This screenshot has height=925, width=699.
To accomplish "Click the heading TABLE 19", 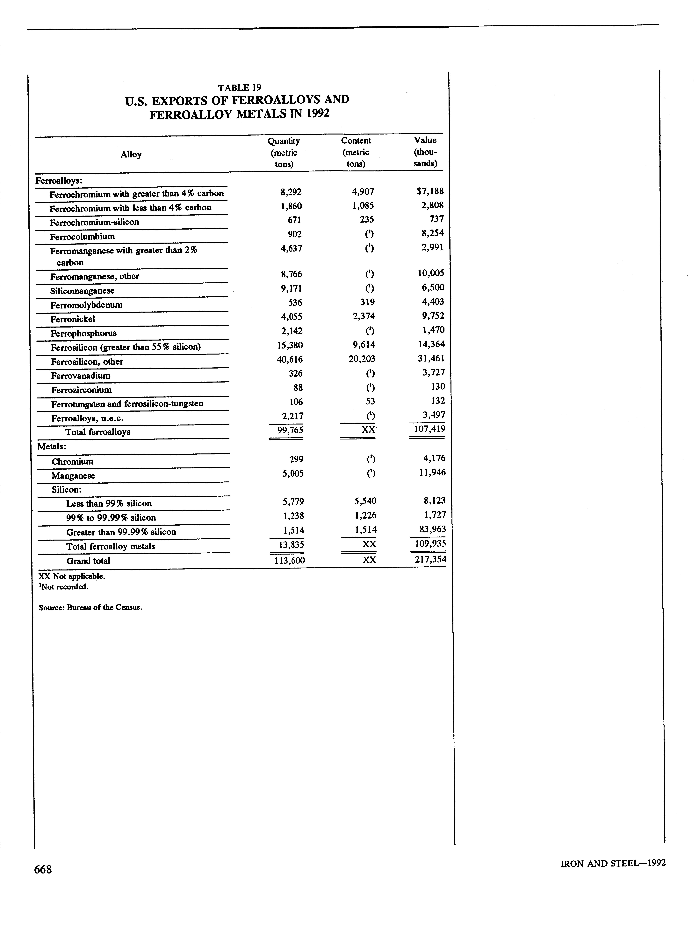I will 239,87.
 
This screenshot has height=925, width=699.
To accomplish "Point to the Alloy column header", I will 131,154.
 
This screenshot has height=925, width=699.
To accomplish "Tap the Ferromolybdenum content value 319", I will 367,302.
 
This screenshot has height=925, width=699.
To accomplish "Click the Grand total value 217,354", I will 430,559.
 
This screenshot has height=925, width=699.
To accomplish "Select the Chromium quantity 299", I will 296,459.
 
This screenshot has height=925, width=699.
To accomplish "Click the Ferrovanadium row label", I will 81,376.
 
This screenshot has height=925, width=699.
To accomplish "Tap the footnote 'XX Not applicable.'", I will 72,576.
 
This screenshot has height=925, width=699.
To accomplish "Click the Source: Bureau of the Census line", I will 90,608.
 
